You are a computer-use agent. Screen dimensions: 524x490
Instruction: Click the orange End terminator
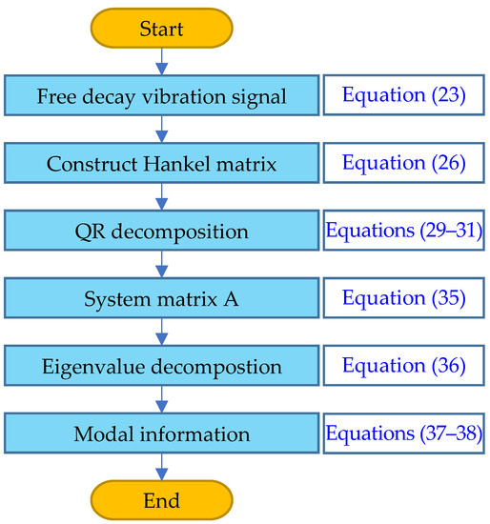(x=161, y=499)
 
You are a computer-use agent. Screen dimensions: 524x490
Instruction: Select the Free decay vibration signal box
(x=161, y=95)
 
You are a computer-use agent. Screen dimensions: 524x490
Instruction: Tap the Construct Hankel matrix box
(x=161, y=163)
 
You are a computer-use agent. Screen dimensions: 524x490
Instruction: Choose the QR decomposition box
(x=161, y=231)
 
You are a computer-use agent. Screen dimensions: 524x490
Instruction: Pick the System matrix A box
(x=161, y=298)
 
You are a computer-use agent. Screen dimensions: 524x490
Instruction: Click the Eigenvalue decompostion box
(x=161, y=366)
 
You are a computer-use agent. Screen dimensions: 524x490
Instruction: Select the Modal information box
(x=161, y=433)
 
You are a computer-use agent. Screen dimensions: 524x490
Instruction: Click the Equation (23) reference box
(x=404, y=95)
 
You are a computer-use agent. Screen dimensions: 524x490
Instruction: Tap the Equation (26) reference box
(x=404, y=163)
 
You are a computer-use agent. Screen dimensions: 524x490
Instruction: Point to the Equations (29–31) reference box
(x=404, y=231)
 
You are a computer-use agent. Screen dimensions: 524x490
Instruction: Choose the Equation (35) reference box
(x=404, y=298)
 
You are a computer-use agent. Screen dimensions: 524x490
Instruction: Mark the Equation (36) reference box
(x=404, y=366)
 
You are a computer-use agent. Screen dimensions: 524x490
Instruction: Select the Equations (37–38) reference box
(x=404, y=433)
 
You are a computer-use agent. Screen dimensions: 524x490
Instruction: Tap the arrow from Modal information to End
(x=161, y=466)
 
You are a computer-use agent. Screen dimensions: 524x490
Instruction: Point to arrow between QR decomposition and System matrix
(x=161, y=264)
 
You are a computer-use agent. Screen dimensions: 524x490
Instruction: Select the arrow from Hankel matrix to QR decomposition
(x=161, y=196)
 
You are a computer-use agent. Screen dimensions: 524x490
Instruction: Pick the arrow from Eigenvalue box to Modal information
(x=161, y=399)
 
